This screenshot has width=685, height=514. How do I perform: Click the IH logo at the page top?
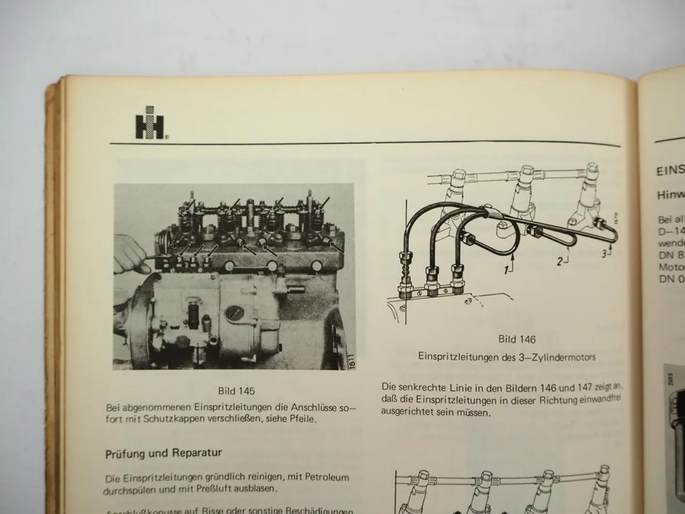[x=149, y=122]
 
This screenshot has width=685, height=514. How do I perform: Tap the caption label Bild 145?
[x=236, y=391]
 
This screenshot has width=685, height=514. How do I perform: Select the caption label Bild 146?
[x=516, y=339]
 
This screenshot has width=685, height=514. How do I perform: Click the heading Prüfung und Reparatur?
[x=163, y=454]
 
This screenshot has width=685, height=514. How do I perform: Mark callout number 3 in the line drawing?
[x=604, y=254]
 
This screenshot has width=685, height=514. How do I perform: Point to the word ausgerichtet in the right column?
[x=404, y=412]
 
